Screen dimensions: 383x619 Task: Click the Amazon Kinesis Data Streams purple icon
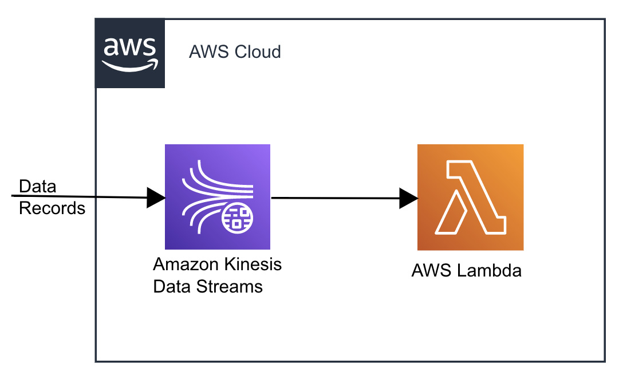click(217, 196)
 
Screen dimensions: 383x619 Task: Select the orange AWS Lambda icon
click(470, 197)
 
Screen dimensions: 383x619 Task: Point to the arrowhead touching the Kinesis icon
click(155, 198)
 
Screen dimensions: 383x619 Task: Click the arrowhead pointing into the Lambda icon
click(408, 198)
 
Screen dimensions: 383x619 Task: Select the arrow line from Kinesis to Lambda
click(338, 198)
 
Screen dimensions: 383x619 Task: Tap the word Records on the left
click(52, 208)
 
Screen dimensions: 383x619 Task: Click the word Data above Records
click(38, 187)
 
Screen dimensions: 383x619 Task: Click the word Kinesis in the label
click(254, 265)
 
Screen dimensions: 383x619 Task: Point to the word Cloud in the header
click(258, 52)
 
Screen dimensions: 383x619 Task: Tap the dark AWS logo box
click(130, 53)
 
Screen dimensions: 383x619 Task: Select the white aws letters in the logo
click(129, 46)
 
